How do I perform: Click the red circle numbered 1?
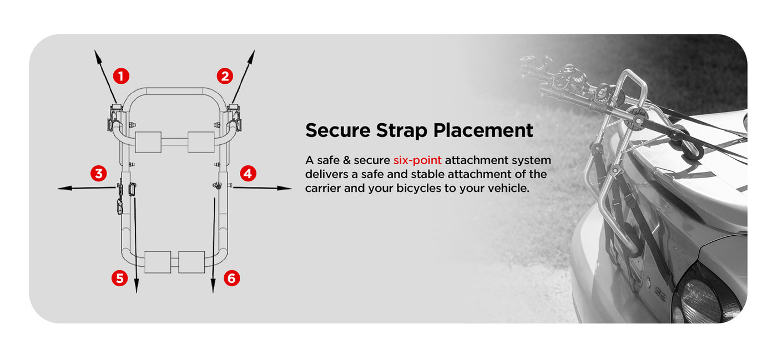click(x=121, y=76)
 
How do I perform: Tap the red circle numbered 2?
click(x=225, y=76)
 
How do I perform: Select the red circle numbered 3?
click(x=99, y=174)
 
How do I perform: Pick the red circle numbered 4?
click(x=248, y=174)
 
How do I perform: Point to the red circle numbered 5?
click(x=120, y=278)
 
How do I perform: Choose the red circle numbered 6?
click(x=232, y=278)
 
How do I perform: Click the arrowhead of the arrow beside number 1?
click(x=98, y=57)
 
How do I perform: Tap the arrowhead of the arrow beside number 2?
click(x=251, y=57)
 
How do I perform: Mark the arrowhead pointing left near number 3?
click(x=64, y=188)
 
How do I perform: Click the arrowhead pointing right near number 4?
click(x=284, y=188)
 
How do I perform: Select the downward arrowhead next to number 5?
click(x=137, y=286)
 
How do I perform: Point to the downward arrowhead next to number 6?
click(x=213, y=286)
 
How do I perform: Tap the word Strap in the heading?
click(x=402, y=131)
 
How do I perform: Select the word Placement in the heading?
click(x=483, y=130)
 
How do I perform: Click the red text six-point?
click(x=417, y=160)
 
